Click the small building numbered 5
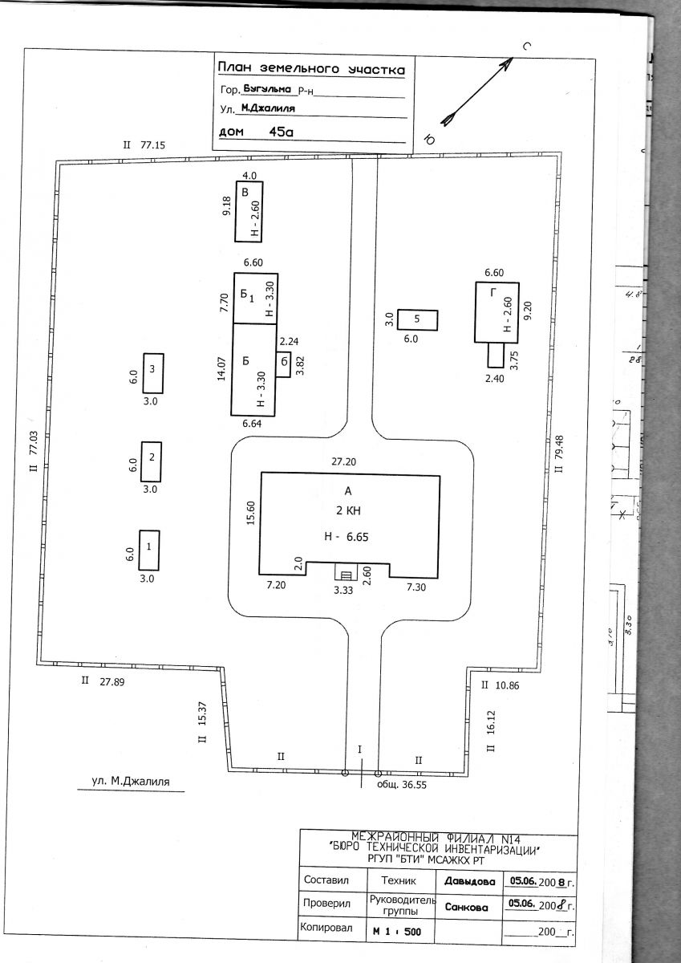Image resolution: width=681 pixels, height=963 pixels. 418,320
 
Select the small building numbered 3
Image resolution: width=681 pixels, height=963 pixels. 153,373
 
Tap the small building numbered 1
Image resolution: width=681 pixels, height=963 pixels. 149,551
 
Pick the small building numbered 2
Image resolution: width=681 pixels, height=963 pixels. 152,461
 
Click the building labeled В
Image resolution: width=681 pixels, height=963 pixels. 249,212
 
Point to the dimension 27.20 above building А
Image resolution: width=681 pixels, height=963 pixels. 344,461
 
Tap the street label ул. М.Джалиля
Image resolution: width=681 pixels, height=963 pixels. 131,781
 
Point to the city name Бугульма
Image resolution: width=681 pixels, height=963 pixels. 267,88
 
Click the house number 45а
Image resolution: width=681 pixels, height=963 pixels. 281,132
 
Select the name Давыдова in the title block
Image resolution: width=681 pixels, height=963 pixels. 469,882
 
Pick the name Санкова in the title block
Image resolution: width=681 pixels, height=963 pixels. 467,908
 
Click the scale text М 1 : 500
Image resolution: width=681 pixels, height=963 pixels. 397,932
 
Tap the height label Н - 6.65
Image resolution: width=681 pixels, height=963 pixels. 347,537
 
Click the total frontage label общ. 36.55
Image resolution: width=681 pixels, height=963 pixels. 402,785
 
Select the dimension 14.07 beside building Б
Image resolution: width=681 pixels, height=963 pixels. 221,369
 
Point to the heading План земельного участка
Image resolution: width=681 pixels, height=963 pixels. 311,69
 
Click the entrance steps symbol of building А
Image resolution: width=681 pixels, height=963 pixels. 347,571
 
